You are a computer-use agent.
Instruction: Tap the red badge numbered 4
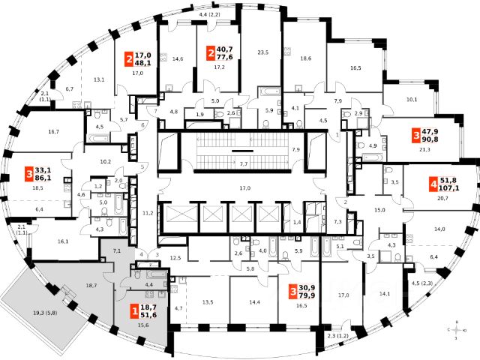point(433,184)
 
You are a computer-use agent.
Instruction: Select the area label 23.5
point(262,52)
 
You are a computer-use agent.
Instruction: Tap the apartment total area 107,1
point(451,188)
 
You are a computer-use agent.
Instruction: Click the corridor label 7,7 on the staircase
point(244,163)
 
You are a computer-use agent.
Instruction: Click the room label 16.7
point(52,132)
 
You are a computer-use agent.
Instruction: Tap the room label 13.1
point(98,79)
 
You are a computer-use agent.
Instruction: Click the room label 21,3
point(424,148)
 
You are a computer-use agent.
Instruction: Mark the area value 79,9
point(307,294)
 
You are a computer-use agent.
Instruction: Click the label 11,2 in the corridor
point(147,214)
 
